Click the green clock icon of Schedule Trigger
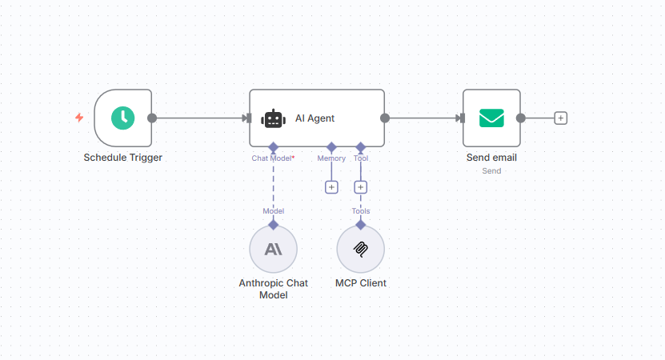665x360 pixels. click(x=122, y=118)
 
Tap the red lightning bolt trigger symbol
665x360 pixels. click(x=79, y=118)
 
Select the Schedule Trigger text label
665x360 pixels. click(x=123, y=158)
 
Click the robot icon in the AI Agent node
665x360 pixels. click(x=274, y=118)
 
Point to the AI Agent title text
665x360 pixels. click(x=314, y=118)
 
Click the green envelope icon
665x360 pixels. click(x=491, y=118)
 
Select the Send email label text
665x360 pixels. click(x=491, y=158)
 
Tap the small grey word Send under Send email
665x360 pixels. click(x=491, y=170)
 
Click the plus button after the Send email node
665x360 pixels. click(x=561, y=118)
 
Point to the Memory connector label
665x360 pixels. click(x=331, y=158)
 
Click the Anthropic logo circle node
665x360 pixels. click(x=273, y=249)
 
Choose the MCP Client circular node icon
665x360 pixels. click(x=360, y=249)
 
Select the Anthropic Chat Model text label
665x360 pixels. click(x=273, y=289)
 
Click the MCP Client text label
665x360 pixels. click(x=360, y=283)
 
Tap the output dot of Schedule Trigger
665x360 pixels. click(x=152, y=118)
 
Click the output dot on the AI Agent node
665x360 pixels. click(x=385, y=118)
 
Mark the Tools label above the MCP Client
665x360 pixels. click(x=360, y=211)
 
